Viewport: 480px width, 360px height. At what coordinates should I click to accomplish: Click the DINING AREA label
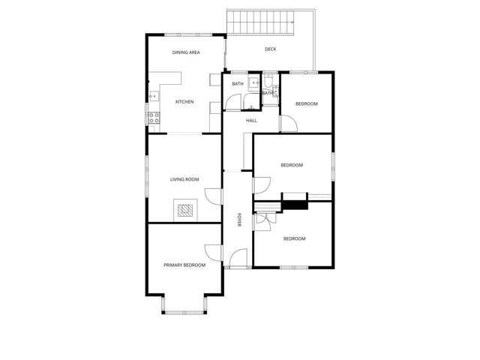[186, 52]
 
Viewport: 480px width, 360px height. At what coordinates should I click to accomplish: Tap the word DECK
[270, 49]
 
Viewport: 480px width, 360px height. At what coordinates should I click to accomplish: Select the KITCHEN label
[184, 102]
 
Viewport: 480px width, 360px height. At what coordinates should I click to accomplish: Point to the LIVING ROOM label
[184, 179]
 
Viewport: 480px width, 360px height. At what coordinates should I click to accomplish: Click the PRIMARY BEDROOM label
[184, 265]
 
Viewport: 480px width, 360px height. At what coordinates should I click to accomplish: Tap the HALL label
[251, 121]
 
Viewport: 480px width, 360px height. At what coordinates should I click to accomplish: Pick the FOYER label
[239, 220]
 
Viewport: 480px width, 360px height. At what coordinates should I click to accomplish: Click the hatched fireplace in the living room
[185, 210]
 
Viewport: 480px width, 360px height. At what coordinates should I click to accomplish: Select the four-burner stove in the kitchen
[154, 118]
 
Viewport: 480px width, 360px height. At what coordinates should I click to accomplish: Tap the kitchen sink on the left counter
[154, 97]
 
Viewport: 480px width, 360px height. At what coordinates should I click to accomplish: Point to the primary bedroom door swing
[213, 253]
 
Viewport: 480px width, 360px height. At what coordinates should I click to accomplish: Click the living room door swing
[213, 196]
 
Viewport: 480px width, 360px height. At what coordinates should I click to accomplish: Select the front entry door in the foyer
[238, 259]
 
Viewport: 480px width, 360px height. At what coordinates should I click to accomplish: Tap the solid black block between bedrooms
[295, 205]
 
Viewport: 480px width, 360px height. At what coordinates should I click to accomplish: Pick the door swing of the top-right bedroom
[289, 124]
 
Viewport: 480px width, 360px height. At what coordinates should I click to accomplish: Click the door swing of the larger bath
[233, 102]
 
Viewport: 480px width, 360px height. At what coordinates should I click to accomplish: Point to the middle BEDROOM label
[292, 165]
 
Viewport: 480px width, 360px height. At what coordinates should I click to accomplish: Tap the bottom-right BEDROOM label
[294, 238]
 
